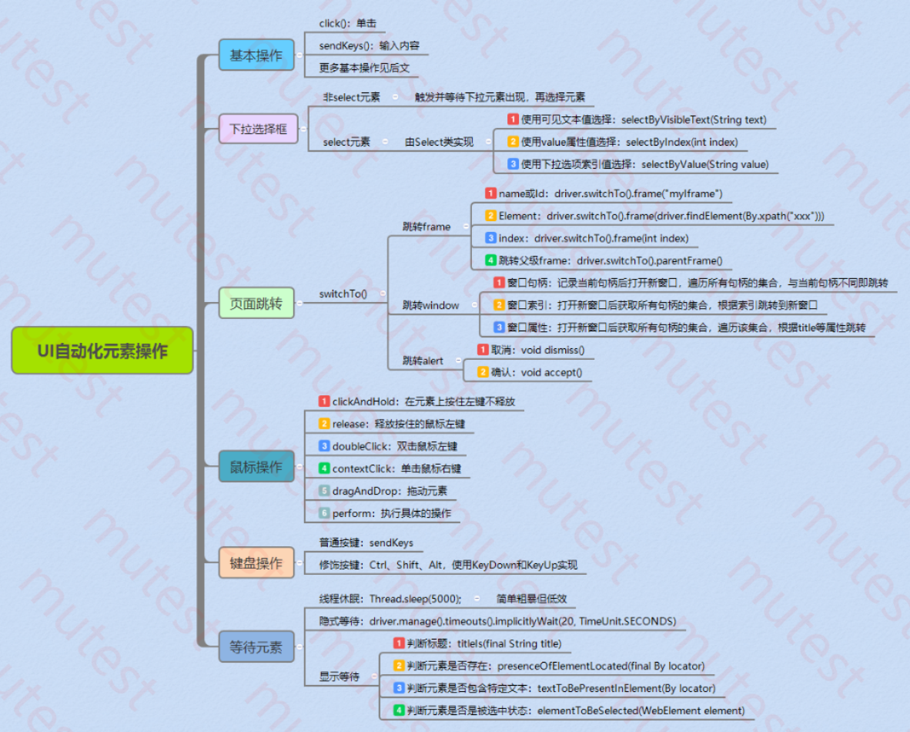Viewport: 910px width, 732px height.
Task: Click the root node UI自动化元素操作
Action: click(102, 351)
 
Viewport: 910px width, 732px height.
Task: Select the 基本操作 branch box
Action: click(256, 55)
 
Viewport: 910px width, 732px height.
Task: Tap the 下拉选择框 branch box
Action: click(258, 128)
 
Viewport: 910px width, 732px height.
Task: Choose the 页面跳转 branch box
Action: click(256, 303)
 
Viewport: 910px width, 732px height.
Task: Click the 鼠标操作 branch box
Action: click(256, 467)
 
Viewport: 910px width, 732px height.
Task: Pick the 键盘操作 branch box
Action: click(256, 562)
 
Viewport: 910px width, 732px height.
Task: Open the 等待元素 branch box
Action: click(256, 646)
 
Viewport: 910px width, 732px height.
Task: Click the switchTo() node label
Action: click(343, 294)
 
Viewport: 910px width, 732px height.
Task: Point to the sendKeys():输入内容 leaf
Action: click(369, 46)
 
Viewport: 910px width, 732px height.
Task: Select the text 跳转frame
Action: click(426, 227)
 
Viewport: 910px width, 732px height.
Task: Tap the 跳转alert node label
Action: click(423, 361)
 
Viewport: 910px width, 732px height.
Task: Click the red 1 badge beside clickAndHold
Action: click(324, 401)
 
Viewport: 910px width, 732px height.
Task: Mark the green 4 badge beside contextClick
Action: click(324, 468)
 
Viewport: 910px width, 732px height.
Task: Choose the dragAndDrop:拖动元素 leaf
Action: click(390, 491)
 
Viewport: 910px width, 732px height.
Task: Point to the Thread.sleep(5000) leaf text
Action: click(390, 599)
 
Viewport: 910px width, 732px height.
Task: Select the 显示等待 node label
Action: click(340, 677)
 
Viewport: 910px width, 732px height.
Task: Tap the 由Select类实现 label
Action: click(439, 142)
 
